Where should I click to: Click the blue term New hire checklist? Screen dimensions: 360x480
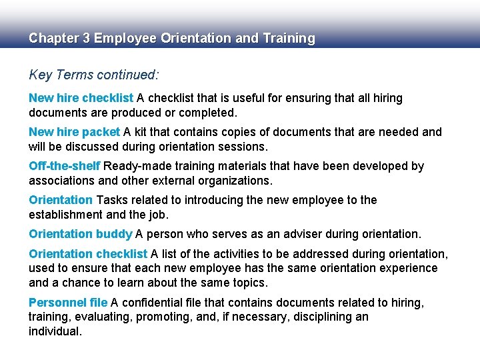[x=81, y=98]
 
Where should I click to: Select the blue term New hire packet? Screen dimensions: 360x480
[x=74, y=132]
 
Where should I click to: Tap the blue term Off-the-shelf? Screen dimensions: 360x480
[x=65, y=166]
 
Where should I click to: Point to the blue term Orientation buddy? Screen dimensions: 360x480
[x=81, y=234]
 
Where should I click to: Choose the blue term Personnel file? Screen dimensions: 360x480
[x=68, y=303]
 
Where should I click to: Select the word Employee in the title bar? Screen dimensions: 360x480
[x=125, y=38]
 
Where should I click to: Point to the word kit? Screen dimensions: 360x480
[x=141, y=132]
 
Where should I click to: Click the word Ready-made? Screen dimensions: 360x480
[x=137, y=166]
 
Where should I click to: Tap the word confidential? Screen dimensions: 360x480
[x=156, y=303]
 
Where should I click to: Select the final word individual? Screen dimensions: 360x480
[x=55, y=331]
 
